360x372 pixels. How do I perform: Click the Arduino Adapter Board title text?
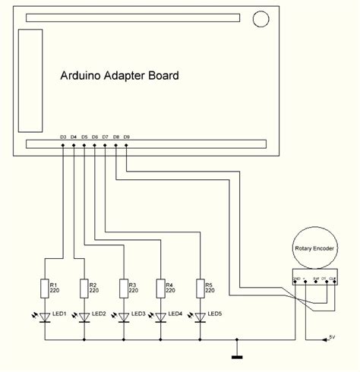[x=119, y=76]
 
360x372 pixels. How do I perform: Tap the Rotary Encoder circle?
[x=314, y=246]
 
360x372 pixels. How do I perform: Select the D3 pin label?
[x=63, y=137]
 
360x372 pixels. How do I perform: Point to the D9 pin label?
[x=126, y=137]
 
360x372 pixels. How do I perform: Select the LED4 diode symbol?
[x=161, y=316]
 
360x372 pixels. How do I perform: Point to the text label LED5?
[x=214, y=314]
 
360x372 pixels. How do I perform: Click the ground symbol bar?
[x=237, y=355]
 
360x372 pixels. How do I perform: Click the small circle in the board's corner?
[x=261, y=18]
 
